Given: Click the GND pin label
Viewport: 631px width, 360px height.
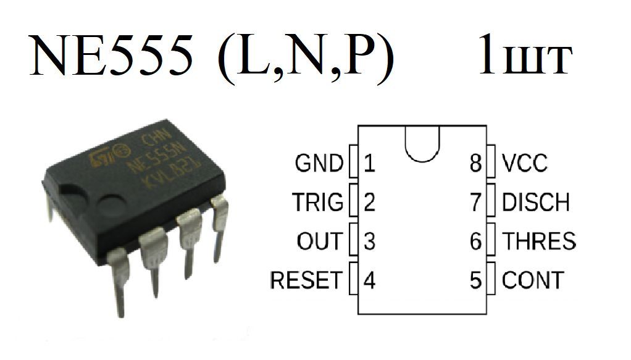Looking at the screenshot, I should tap(319, 164).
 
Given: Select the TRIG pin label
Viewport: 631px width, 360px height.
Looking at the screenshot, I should tap(317, 202).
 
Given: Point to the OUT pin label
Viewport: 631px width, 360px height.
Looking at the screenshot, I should tap(319, 241).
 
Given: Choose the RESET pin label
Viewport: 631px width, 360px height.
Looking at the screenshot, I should tap(306, 280).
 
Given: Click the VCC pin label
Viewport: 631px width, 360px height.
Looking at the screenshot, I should tap(525, 164).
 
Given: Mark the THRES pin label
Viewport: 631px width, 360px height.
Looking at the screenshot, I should tap(539, 241).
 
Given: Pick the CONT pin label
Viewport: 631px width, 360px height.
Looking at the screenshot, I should tap(533, 280).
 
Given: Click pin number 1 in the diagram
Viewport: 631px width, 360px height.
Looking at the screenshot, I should tap(369, 164).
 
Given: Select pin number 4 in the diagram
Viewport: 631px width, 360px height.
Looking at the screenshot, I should tap(369, 280).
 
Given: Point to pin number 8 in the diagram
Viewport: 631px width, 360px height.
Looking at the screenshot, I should tap(475, 164).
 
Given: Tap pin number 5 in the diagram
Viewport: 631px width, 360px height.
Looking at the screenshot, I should tap(475, 280).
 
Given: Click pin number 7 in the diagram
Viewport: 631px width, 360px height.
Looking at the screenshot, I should tap(475, 202).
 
